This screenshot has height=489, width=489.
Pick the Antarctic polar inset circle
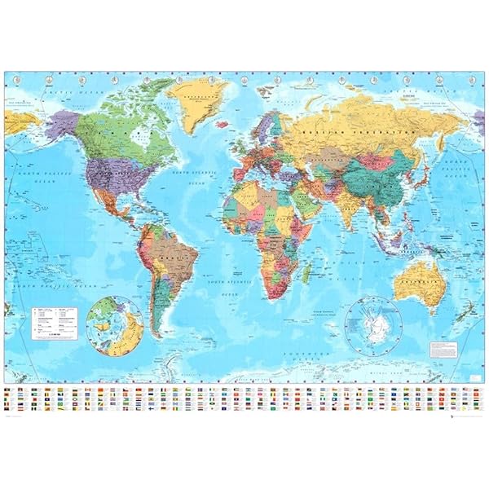(x=372, y=326)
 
